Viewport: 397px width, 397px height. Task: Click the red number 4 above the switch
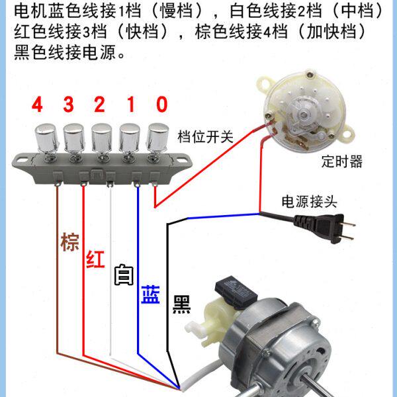pyautogui.click(x=37, y=105)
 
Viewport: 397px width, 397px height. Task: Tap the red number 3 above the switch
pyautogui.click(x=68, y=105)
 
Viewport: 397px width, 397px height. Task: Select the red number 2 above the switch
pyautogui.click(x=99, y=105)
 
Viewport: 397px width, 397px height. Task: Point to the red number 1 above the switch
pyautogui.click(x=131, y=105)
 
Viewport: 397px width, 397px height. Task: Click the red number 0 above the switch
pyautogui.click(x=162, y=105)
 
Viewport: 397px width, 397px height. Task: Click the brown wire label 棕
pyautogui.click(x=69, y=242)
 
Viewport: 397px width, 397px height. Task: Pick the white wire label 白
pyautogui.click(x=123, y=275)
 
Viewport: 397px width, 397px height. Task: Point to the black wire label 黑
pyautogui.click(x=181, y=304)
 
